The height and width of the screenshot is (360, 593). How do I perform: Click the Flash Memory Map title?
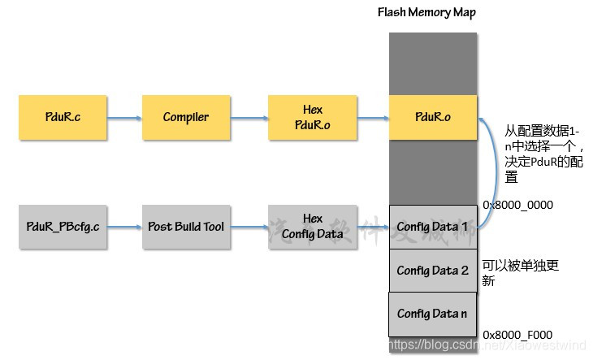pos(426,12)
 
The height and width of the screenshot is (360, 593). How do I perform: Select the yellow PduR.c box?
pos(62,117)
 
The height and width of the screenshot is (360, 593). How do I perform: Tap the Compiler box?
pos(185,117)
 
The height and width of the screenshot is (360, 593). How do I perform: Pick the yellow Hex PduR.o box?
pos(312,117)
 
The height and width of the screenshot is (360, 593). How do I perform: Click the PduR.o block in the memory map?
pos(432,117)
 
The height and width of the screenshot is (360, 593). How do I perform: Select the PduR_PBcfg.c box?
pos(62,227)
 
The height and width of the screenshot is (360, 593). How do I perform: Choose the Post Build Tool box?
pos(185,227)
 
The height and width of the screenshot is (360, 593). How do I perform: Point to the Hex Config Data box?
pos(312,227)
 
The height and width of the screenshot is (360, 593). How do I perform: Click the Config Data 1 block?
pos(432,227)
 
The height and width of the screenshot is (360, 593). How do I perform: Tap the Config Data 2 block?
pos(432,270)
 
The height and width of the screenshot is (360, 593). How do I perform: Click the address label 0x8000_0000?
pos(517,206)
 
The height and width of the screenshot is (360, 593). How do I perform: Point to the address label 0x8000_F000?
pos(517,334)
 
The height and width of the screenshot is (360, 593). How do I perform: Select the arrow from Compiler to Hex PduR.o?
pos(249,118)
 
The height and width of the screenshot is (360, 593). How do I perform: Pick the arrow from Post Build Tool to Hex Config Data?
pos(249,228)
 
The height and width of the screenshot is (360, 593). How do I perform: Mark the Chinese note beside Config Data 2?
pos(521,272)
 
